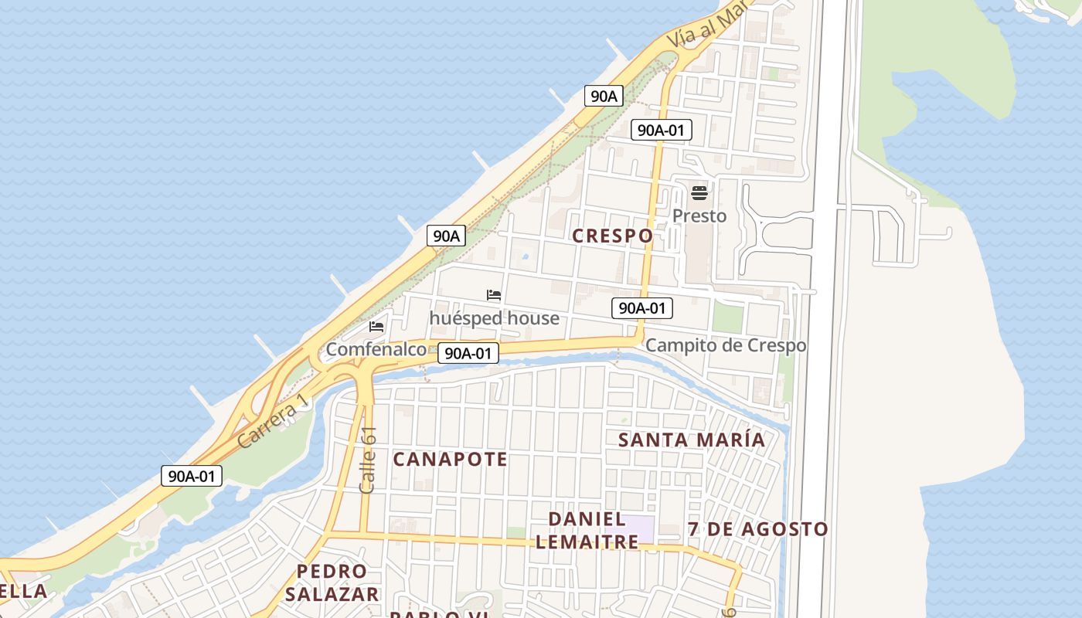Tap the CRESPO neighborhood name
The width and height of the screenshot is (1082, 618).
pyautogui.click(x=613, y=236)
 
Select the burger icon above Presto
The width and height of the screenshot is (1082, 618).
pyautogui.click(x=699, y=192)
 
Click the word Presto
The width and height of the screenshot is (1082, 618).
pyautogui.click(x=699, y=216)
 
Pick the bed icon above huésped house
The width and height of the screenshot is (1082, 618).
pyautogui.click(x=494, y=295)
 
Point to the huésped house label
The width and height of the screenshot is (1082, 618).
pyautogui.click(x=495, y=317)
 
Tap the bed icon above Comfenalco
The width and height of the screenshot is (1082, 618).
pyautogui.click(x=376, y=327)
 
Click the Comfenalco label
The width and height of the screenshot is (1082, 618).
pyautogui.click(x=376, y=349)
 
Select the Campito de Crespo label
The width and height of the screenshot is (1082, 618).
pyautogui.click(x=726, y=345)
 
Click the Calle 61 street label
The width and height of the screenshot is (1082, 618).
pyautogui.click(x=368, y=460)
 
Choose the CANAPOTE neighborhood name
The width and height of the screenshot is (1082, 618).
pyautogui.click(x=451, y=459)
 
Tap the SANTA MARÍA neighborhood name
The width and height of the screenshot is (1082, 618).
pyautogui.click(x=692, y=440)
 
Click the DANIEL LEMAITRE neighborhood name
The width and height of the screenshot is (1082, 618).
pyautogui.click(x=587, y=530)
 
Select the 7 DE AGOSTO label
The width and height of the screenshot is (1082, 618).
pyautogui.click(x=758, y=529)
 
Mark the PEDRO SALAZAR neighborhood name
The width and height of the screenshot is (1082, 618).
pyautogui.click(x=332, y=582)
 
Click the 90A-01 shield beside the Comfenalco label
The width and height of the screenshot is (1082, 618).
pyautogui.click(x=468, y=353)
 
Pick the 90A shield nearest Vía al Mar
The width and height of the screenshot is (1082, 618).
pyautogui.click(x=604, y=96)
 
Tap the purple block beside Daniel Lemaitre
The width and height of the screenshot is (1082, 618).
pyautogui.click(x=638, y=528)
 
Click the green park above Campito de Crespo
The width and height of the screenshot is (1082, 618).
pyautogui.click(x=726, y=317)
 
